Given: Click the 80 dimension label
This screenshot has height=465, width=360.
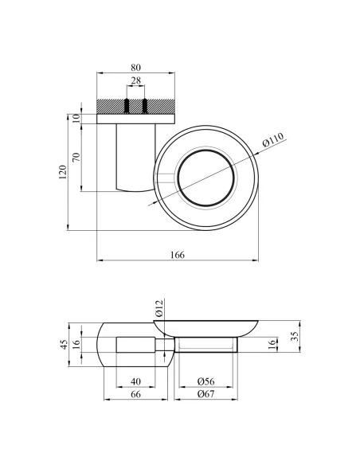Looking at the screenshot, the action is pyautogui.click(x=135, y=68).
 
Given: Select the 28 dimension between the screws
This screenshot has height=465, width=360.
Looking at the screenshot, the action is pyautogui.click(x=136, y=80).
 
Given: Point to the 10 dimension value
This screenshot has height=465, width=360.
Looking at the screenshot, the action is pyautogui.click(x=76, y=119).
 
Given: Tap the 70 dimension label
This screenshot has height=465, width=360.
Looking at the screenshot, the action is pyautogui.click(x=76, y=157).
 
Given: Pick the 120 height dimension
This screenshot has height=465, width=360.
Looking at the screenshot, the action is pyautogui.click(x=63, y=172).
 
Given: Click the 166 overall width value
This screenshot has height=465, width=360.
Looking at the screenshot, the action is pyautogui.click(x=178, y=255).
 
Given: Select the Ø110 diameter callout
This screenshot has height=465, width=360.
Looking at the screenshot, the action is pyautogui.click(x=273, y=139).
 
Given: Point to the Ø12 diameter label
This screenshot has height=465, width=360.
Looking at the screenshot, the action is pyautogui.click(x=159, y=308).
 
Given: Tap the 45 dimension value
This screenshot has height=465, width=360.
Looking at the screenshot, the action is pyautogui.click(x=64, y=344).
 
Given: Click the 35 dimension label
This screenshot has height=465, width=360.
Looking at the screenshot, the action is pyautogui.click(x=295, y=336).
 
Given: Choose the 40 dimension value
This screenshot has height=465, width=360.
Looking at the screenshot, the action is pyautogui.click(x=135, y=381).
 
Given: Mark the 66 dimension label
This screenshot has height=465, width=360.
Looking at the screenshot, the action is pyautogui.click(x=135, y=394).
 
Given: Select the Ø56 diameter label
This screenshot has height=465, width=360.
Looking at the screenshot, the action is pyautogui.click(x=205, y=381).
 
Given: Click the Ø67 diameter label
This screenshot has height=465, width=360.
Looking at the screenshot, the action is pyautogui.click(x=205, y=394).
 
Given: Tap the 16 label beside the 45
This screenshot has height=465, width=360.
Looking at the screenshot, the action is pyautogui.click(x=76, y=344).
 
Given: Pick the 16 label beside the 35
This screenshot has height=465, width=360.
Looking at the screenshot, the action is pyautogui.click(x=272, y=344).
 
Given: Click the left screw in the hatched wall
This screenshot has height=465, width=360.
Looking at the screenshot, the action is pyautogui.click(x=127, y=106).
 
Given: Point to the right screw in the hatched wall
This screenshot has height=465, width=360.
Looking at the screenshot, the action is pyautogui.click(x=145, y=106).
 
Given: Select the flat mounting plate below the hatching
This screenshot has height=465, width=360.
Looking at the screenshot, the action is pyautogui.click(x=136, y=119).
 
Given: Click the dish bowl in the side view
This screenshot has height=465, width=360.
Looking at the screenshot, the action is pyautogui.click(x=205, y=329).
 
